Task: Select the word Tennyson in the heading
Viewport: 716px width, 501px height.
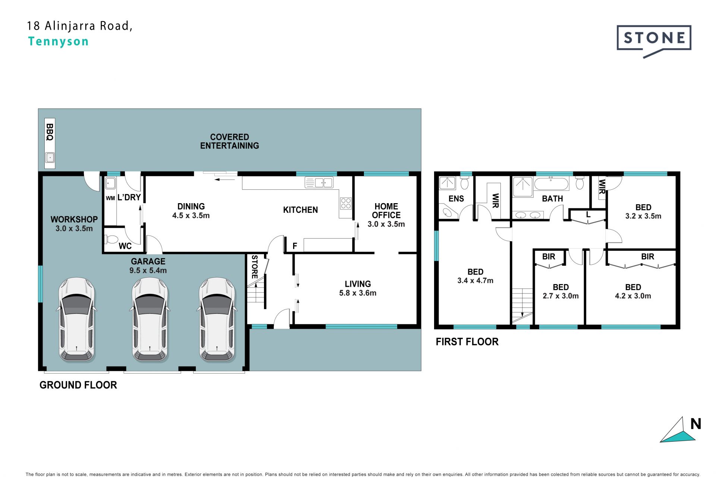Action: pyautogui.click(x=58, y=41)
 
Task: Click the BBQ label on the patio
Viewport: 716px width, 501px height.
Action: pyautogui.click(x=50, y=132)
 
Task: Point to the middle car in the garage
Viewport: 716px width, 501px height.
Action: pyautogui.click(x=150, y=319)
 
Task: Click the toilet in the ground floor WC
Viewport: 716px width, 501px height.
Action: pyautogui.click(x=112, y=239)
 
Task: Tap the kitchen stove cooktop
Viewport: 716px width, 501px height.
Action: pyautogui.click(x=346, y=203)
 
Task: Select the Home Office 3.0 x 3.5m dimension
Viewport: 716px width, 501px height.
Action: pyautogui.click(x=386, y=224)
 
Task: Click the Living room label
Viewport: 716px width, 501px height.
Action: pyautogui.click(x=358, y=284)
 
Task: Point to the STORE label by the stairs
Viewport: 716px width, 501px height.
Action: pyautogui.click(x=255, y=267)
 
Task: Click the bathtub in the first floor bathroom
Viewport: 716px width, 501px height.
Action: pyautogui.click(x=551, y=184)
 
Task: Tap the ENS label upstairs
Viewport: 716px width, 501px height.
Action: pyautogui.click(x=456, y=199)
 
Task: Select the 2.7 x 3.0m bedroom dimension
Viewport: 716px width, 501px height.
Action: pyautogui.click(x=560, y=296)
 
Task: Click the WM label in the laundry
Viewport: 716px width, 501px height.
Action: pyautogui.click(x=110, y=198)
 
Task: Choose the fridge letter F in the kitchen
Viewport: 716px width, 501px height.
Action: pyautogui.click(x=295, y=246)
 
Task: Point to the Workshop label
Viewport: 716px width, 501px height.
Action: pyautogui.click(x=74, y=220)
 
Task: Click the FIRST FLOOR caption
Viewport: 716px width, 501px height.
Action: pyautogui.click(x=467, y=342)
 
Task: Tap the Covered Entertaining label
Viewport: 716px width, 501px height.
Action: pyautogui.click(x=229, y=142)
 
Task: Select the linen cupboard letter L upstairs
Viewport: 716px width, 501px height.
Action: pyautogui.click(x=588, y=215)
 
